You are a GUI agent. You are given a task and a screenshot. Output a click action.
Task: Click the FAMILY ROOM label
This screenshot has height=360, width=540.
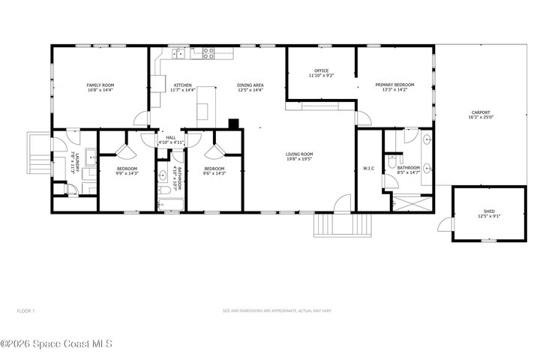click(x=100, y=85)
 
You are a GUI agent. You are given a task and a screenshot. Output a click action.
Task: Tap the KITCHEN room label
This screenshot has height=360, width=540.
click(x=183, y=85)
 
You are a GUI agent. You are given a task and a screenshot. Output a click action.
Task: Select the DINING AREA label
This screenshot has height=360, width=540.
click(x=250, y=85)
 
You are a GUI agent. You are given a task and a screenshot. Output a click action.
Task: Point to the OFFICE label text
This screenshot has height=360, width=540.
click(x=321, y=70)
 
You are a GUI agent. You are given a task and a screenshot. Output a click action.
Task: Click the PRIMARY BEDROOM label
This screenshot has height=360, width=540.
click(x=394, y=85)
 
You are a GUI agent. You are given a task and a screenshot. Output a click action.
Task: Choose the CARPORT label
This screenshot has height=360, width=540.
click(x=480, y=112)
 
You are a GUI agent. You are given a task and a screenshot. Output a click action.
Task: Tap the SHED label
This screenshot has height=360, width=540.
click(x=489, y=212)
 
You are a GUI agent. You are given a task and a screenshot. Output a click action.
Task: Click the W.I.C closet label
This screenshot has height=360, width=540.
click(x=368, y=168)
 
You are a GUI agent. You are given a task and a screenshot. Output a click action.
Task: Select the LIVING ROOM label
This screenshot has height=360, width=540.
click(x=298, y=154)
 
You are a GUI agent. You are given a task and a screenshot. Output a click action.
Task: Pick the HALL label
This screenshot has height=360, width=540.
click(x=170, y=137)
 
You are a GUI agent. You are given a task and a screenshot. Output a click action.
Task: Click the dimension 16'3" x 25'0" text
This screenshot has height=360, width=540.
click(x=480, y=118)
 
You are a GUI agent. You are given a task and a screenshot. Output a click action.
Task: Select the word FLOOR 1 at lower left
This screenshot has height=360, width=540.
click(x=25, y=310)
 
